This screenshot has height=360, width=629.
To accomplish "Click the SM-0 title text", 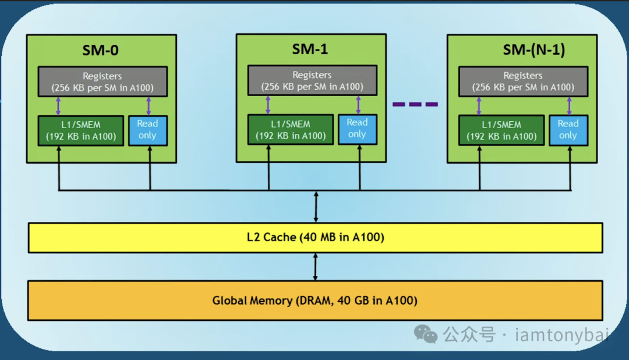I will pos(100,50).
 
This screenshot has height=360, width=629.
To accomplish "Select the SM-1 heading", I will pos(310,49).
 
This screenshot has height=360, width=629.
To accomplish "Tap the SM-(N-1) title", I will pos(533,50).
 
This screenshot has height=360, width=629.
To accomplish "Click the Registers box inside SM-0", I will pos(103,82).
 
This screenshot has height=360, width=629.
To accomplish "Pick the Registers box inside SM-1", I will pos(312,80).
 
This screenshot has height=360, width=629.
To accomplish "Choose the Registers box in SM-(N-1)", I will pos(523,81).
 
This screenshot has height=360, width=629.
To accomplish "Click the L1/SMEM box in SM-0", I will pos(81,130).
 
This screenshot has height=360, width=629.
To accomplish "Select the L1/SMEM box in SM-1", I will pos(291,129).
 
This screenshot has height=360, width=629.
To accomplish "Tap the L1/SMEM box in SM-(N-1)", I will pos(501,130).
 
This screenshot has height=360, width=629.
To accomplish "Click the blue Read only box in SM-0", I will pos(148,130).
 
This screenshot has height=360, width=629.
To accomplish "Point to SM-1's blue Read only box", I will pos(358,129).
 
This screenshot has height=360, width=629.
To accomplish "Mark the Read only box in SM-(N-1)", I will pos(568,130).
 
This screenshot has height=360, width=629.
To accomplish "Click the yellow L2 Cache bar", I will pos(315,238).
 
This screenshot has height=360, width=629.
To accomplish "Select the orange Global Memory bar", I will pos(315,301).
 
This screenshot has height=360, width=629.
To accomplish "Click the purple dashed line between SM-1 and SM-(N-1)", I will pos(415,104).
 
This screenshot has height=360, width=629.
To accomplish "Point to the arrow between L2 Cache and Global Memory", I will pos(315,267).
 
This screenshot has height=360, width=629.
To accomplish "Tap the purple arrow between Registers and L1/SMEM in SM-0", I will pos(58,106).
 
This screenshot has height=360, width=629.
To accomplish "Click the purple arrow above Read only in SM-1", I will pos(358,105).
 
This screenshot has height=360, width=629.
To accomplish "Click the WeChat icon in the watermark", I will pos(426,334).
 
